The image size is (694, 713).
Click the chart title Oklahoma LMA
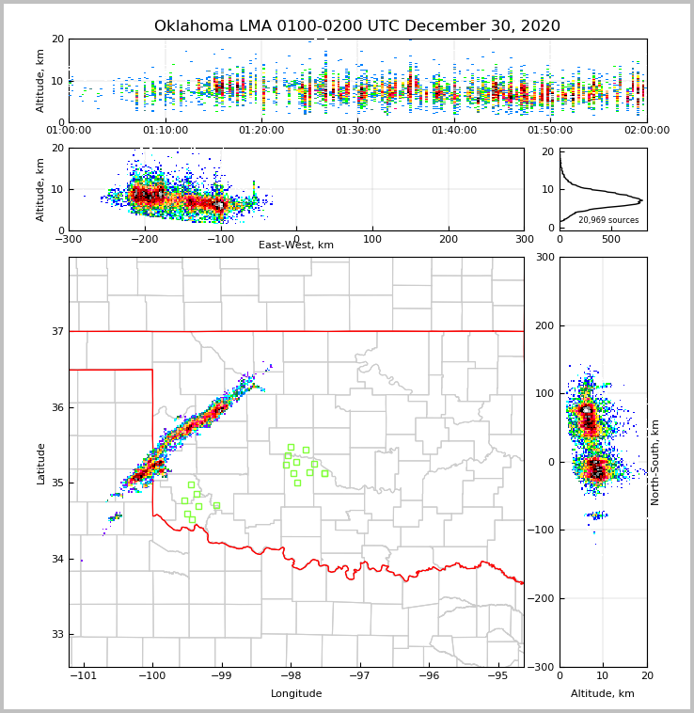[x=356, y=26]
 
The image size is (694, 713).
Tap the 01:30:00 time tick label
[x=357, y=131]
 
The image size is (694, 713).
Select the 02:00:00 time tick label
[x=646, y=131]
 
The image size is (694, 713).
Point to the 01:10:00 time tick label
[x=165, y=131]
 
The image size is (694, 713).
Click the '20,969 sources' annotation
[x=608, y=220]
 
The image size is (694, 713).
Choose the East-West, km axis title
[x=296, y=246]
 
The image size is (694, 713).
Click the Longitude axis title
[x=296, y=694]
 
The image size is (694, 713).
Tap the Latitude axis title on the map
[x=40, y=463]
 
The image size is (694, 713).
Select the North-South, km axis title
[x=655, y=462]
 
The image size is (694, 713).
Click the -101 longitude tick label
[x=83, y=676]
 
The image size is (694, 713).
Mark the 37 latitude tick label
[x=56, y=332]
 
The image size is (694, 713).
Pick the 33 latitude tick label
[x=56, y=635]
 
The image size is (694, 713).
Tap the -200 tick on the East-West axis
[x=144, y=239]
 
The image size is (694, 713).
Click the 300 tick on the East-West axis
[x=524, y=239]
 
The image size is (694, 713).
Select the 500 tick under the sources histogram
[x=611, y=239]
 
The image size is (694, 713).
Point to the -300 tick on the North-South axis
[x=542, y=667]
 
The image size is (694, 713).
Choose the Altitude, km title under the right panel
[x=603, y=694]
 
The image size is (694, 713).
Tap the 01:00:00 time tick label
[x=69, y=131]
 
